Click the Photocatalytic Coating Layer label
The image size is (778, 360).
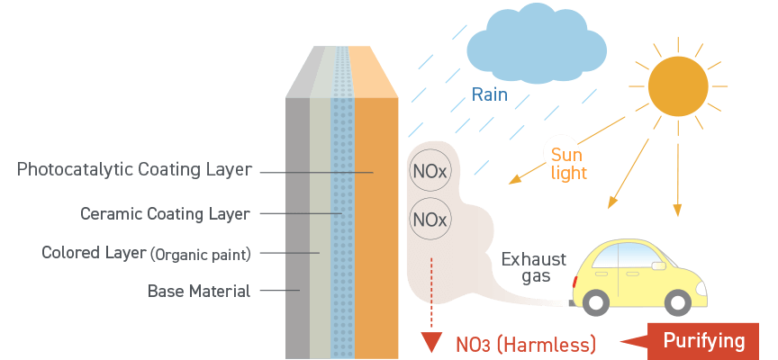tap(135, 169)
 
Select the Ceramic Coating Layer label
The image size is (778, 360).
tap(165, 213)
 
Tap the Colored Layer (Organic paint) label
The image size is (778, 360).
tap(146, 253)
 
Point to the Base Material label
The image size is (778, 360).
tap(199, 291)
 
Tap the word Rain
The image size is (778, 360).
tap(490, 94)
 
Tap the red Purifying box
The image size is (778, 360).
tap(703, 341)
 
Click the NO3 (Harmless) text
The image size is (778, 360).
tap(525, 343)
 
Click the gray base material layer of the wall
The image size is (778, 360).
tap(297, 225)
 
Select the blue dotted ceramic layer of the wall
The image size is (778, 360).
tap(342, 225)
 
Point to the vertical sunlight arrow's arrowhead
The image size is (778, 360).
tap(678, 211)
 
